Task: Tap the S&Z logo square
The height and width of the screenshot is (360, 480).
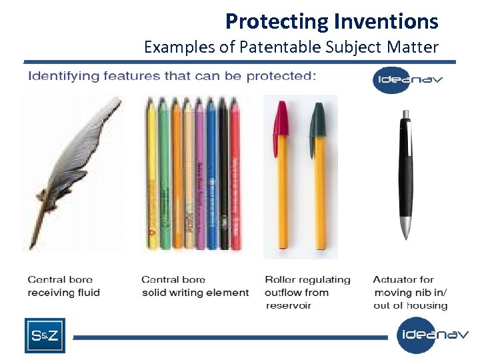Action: pyautogui.click(x=45, y=335)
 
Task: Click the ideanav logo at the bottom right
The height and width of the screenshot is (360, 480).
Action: pyautogui.click(x=432, y=335)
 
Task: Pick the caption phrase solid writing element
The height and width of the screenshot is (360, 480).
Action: pyautogui.click(x=195, y=293)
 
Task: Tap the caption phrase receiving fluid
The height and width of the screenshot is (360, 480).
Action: pyautogui.click(x=63, y=293)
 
